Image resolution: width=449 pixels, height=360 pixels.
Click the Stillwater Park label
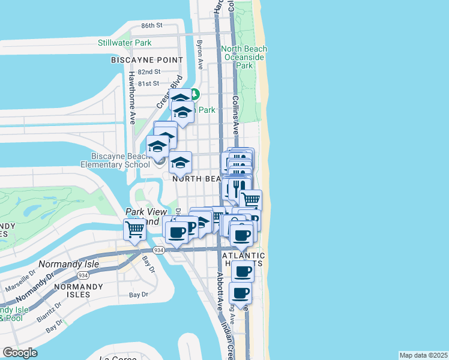coord(125,43)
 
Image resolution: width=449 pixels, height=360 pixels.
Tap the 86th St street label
coord(152,26)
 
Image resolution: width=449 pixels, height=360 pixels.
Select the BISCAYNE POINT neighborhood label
coord(147,60)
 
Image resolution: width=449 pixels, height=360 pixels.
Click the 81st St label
coord(148,83)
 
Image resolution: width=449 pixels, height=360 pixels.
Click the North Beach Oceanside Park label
coord(243,57)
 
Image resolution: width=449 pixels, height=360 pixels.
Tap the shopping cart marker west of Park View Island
coord(135,229)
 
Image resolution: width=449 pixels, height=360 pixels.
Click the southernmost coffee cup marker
coord(241,293)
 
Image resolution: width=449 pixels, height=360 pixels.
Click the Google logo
coord(20,352)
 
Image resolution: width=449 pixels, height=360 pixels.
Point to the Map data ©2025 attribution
coord(423,355)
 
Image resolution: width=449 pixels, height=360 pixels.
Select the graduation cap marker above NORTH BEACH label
coord(180,162)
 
